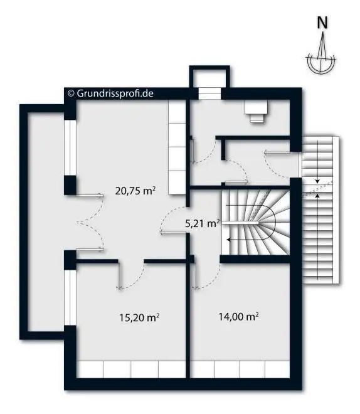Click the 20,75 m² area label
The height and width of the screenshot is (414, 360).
pos(135,191)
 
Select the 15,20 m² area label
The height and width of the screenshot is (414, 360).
pos(139,318)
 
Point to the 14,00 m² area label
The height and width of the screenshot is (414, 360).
pos(239,316)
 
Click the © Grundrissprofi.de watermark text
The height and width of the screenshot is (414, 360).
pos(110,93)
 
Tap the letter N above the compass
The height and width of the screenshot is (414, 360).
pos(322,23)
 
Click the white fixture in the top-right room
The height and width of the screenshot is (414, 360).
pos(257,112)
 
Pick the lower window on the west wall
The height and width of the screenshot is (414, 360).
pos(70,299)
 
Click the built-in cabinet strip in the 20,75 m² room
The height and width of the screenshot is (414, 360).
pos(177,147)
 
